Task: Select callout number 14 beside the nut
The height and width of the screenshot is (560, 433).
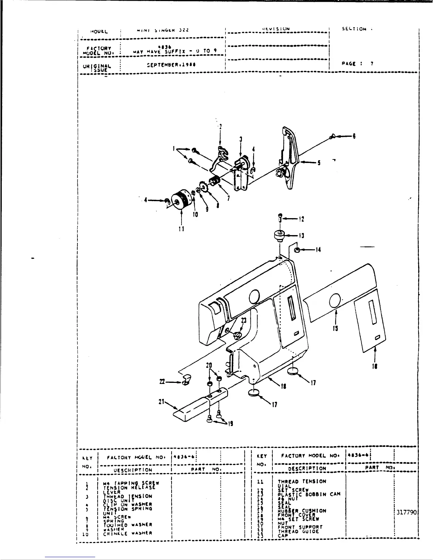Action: point(318,250)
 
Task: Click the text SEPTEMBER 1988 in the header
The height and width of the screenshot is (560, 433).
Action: point(172,65)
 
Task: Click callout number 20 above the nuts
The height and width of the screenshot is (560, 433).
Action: point(209,365)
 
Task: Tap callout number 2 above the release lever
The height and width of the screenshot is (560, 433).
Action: point(220,127)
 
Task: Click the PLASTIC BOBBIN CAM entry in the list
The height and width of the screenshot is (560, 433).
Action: point(309,494)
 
